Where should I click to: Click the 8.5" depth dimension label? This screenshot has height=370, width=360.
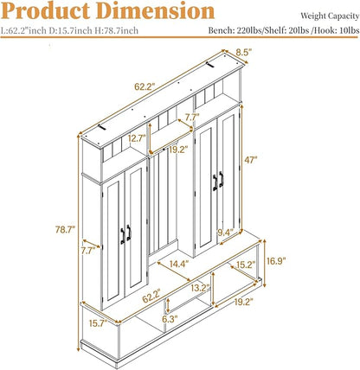pyautogui.click(x=244, y=52)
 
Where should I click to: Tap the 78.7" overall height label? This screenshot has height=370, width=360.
pyautogui.click(x=66, y=230)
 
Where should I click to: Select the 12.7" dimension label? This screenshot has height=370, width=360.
pyautogui.click(x=137, y=138)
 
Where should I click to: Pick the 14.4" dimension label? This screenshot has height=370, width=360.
pyautogui.click(x=179, y=264)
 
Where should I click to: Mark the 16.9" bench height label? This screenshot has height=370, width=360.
pyautogui.click(x=276, y=261)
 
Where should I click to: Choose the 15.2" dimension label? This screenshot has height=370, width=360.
pyautogui.click(x=246, y=265)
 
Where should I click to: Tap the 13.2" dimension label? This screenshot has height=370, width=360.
pyautogui.click(x=200, y=288)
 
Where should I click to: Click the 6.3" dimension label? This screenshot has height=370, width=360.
pyautogui.click(x=170, y=319)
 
